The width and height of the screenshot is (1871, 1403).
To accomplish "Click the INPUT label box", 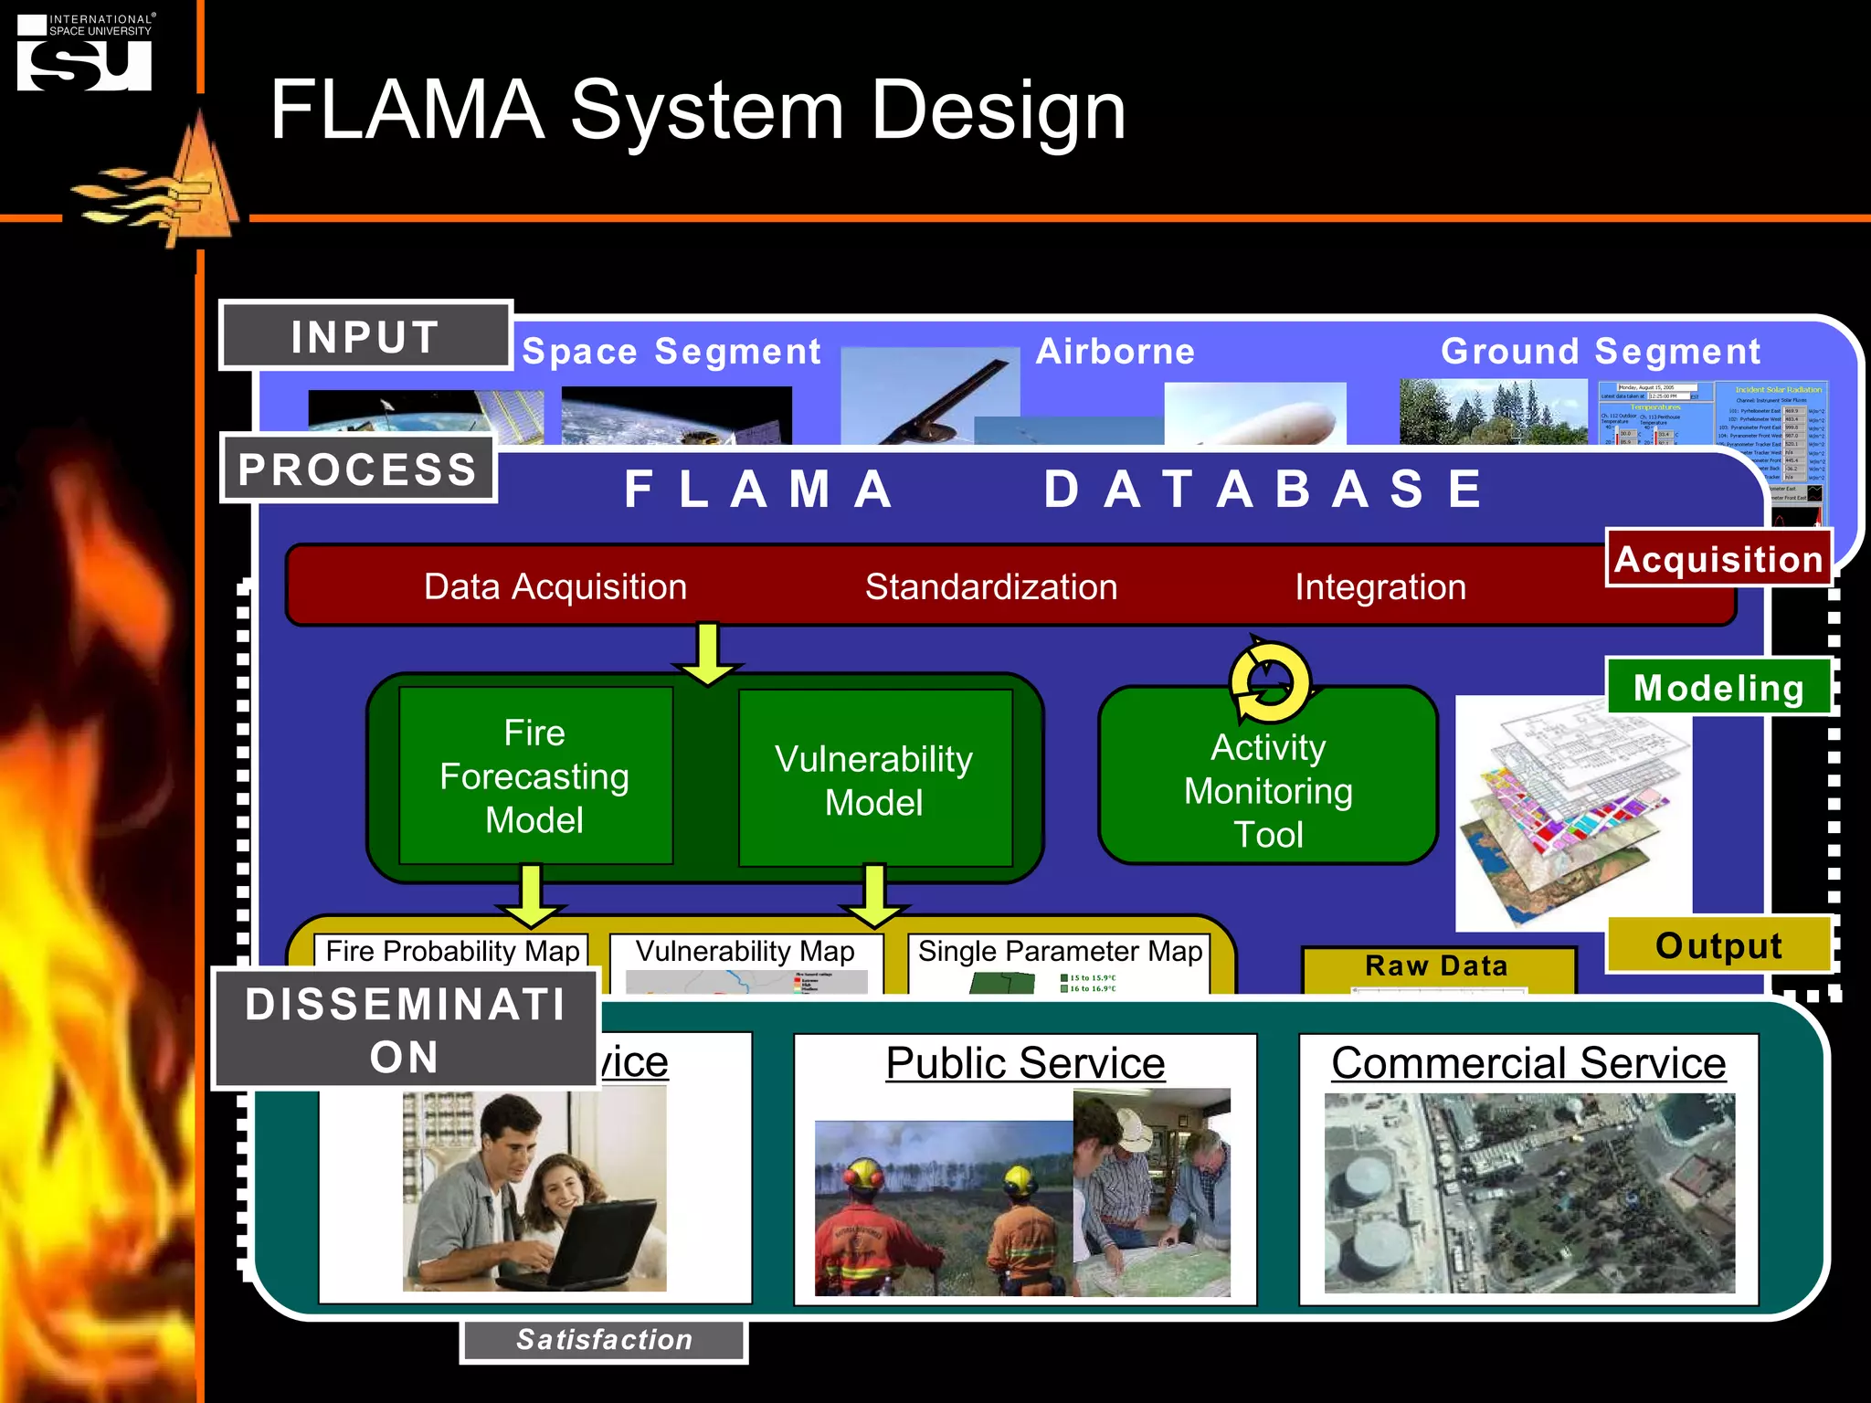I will coord(365,336).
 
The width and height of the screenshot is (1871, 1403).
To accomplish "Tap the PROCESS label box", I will coord(358,469).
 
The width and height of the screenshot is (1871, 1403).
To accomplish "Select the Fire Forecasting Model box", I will coord(535,775).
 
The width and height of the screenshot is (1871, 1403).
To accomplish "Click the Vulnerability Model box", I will coord(874,779).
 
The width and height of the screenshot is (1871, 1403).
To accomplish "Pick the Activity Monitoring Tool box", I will coord(1268,791).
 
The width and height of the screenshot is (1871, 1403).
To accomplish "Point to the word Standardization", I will coord(991,586).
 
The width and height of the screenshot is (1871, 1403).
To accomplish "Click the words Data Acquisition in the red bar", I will coord(555,586).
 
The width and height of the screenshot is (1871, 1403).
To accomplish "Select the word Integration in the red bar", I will coord(1379,586).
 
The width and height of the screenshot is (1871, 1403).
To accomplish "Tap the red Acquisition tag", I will coord(1718,558).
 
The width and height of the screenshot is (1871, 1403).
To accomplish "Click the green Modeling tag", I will coord(1718,687).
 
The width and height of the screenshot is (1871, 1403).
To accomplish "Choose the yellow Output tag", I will coord(1718,945).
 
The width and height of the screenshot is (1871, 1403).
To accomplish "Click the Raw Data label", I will coord(1436,965).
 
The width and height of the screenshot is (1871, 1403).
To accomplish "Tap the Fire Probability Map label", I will coord(452,951).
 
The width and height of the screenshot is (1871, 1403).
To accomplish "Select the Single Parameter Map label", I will coord(1060,951).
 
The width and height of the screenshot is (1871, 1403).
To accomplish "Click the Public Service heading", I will coord(1025,1063).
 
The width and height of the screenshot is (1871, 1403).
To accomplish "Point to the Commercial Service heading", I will coord(1528,1063).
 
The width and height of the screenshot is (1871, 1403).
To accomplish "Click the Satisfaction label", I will coord(604,1339).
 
